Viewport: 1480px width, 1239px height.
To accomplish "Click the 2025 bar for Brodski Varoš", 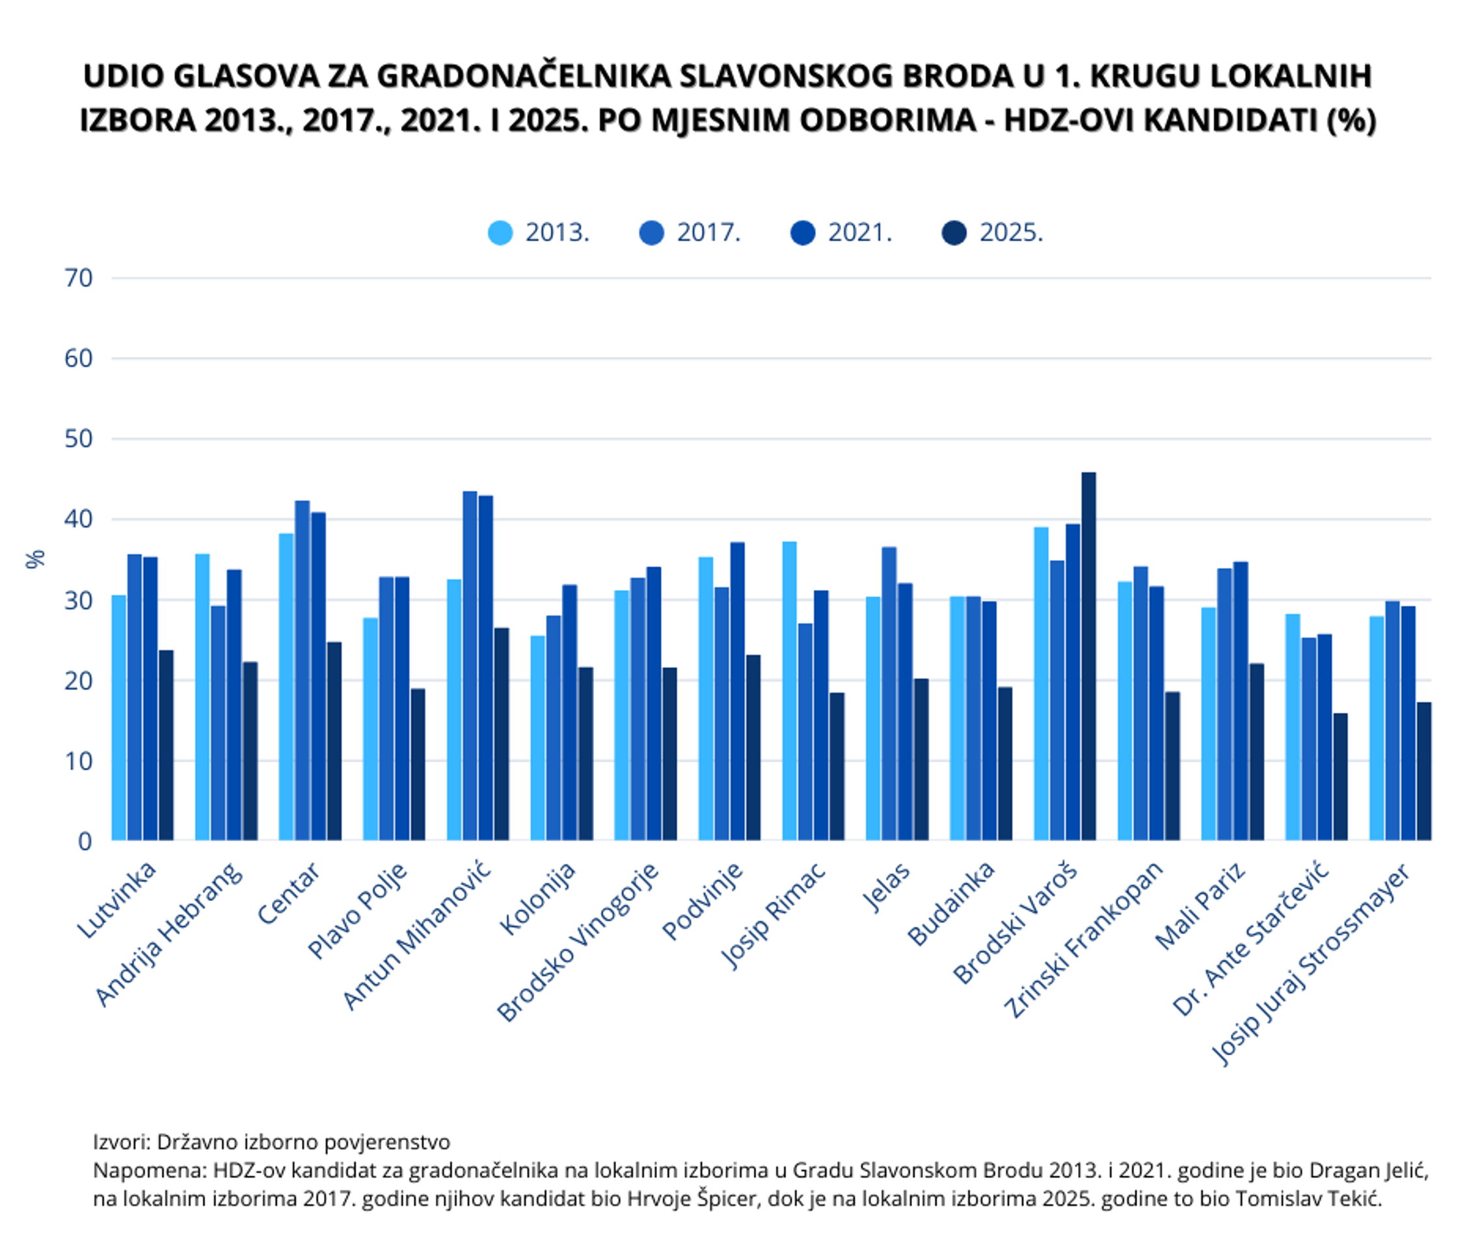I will (x=1088, y=656).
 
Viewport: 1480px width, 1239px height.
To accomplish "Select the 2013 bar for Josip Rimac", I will (x=789, y=691).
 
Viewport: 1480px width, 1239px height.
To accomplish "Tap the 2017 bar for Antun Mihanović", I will (x=470, y=665).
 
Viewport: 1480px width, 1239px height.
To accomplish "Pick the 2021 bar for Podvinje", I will (x=737, y=691).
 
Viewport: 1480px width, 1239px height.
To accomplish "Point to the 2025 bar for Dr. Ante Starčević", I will (x=1339, y=776).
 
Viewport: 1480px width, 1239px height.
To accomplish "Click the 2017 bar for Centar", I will (x=303, y=669).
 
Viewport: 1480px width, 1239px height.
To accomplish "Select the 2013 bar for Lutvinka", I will (x=118, y=717).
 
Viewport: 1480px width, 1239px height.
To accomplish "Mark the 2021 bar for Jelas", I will (x=905, y=711).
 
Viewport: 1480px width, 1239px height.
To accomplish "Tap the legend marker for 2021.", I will (x=803, y=233).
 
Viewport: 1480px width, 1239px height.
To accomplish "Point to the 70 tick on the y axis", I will (x=78, y=278).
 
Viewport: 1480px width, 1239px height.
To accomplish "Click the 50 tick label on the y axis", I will (x=78, y=439).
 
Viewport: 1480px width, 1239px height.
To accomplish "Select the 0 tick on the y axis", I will (x=85, y=841).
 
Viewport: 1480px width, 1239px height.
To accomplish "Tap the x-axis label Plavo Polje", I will (x=358, y=910).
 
